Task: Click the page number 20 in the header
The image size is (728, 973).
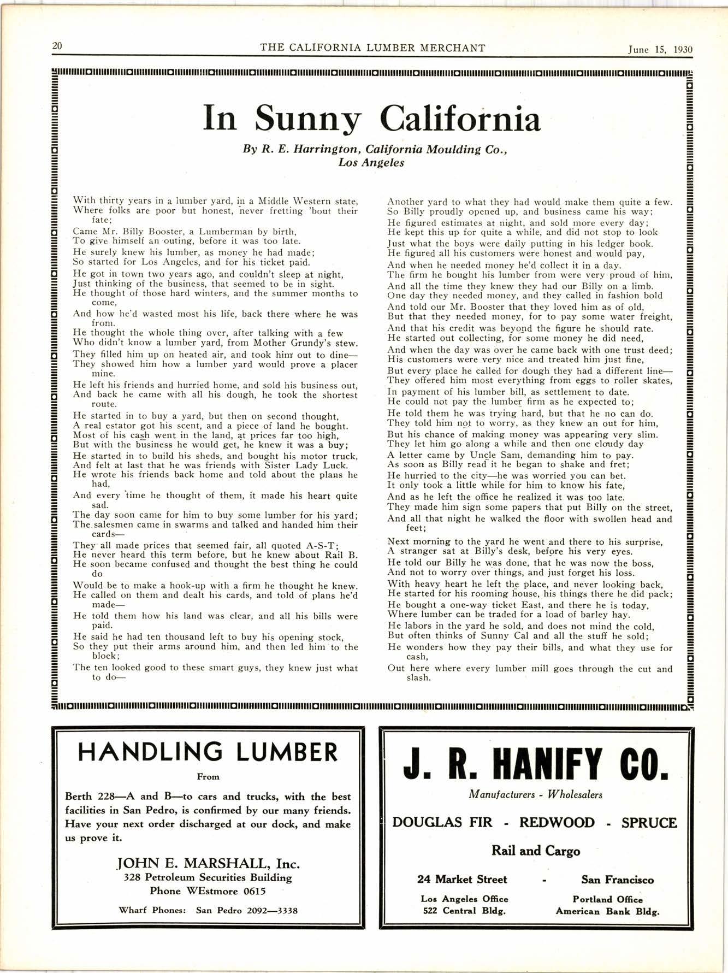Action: click(x=57, y=46)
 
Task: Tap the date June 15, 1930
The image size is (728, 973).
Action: click(x=660, y=49)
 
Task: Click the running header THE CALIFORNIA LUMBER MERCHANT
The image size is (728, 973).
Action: click(x=372, y=48)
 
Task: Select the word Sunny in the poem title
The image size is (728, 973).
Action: click(x=307, y=119)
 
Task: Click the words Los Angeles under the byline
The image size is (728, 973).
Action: click(x=371, y=163)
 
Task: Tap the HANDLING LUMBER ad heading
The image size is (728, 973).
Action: click(x=208, y=752)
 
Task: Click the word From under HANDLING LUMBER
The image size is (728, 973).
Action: click(x=208, y=776)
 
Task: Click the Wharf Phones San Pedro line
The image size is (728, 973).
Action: click(x=208, y=910)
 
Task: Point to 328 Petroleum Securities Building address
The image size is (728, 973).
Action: click(x=208, y=877)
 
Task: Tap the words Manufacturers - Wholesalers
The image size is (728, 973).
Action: click(x=535, y=794)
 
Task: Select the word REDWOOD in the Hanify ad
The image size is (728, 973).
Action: click(x=557, y=823)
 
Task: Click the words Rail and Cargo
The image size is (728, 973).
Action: click(x=536, y=851)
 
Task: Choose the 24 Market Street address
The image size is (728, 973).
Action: click(x=462, y=880)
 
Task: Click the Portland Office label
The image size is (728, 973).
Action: click(x=607, y=899)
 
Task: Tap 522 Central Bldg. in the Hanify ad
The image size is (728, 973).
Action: click(x=464, y=911)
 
